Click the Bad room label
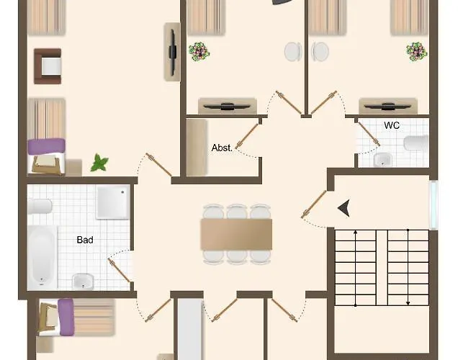tap(85, 240)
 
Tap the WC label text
tap(392, 125)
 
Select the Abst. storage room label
tap(222, 148)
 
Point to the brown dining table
tap(237, 234)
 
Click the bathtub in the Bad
tap(42, 257)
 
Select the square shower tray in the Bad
tap(113, 202)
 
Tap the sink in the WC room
tap(382, 160)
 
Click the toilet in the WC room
tap(416, 143)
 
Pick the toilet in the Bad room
tap(40, 206)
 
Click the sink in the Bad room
tap(83, 282)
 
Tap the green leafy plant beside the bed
tap(99, 163)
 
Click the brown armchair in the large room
tap(48, 66)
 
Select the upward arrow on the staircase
tap(356, 268)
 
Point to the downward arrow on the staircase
tap(408, 267)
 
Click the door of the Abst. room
tap(247, 135)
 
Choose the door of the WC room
tap(369, 134)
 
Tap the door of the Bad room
tap(119, 270)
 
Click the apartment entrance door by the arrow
tap(314, 204)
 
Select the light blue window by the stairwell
tap(434, 204)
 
